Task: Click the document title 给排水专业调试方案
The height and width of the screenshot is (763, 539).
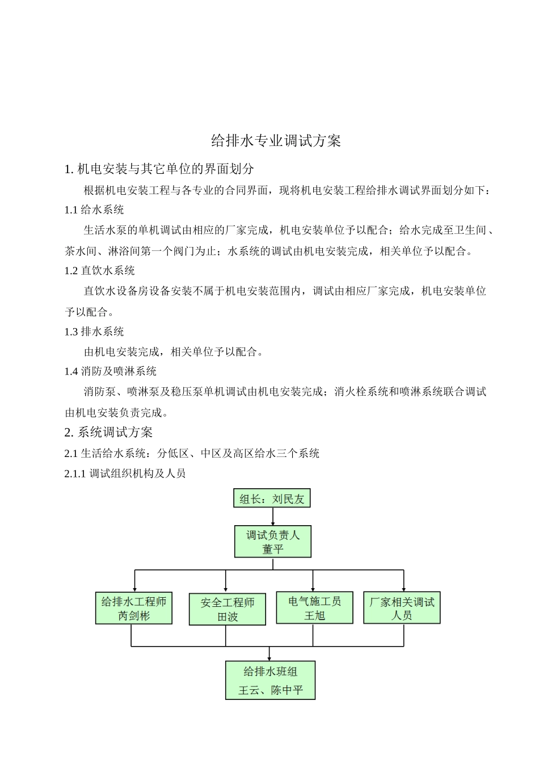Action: click(x=276, y=141)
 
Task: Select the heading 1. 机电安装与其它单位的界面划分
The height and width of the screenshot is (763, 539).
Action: click(x=159, y=169)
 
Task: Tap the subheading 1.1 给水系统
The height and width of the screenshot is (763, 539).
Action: click(x=94, y=210)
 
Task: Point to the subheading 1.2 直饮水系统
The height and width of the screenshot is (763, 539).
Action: click(x=100, y=271)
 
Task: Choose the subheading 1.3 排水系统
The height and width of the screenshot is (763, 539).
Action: click(x=94, y=332)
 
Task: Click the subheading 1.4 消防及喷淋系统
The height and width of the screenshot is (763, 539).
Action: click(x=111, y=371)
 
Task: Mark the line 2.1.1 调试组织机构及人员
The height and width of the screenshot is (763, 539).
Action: click(x=125, y=473)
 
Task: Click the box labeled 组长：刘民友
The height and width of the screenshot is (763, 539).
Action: click(x=272, y=498)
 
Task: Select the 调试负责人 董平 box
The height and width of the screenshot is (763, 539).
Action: click(x=273, y=542)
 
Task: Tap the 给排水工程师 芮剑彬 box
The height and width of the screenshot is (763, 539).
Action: click(x=134, y=608)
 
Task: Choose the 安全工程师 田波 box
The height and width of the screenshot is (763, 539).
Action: click(x=227, y=609)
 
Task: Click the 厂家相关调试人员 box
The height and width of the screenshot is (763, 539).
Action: click(x=402, y=608)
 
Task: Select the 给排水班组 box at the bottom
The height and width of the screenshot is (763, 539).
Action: click(x=270, y=680)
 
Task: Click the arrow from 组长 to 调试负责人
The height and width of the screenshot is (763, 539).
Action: click(x=273, y=516)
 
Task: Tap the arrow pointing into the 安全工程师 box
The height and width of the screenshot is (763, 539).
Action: click(x=226, y=581)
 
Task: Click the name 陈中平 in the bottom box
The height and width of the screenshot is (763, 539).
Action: click(x=287, y=690)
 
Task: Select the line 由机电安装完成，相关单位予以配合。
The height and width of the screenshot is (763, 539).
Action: click(x=174, y=352)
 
